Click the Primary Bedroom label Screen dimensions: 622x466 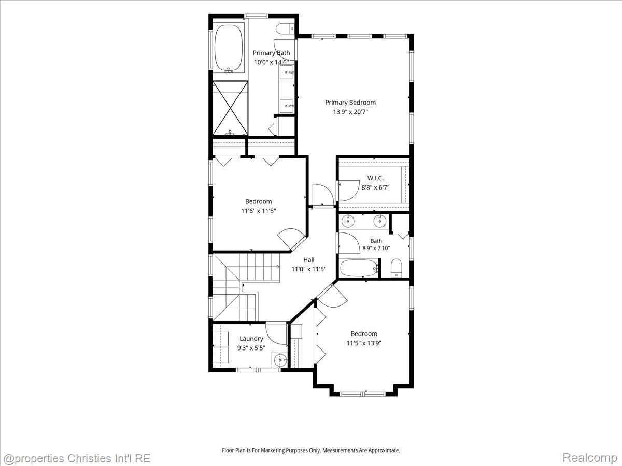tap(350, 103)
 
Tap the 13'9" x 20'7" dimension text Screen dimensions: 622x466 tap(350, 112)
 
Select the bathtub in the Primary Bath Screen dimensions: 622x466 tap(229, 48)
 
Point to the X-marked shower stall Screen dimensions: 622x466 tap(230, 108)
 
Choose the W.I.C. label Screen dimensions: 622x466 tap(375, 178)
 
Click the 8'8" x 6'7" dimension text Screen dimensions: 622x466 tap(375, 187)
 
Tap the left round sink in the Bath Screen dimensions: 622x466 tap(347, 221)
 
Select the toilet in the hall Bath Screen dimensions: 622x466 tap(396, 268)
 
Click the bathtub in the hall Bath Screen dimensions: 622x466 tap(359, 268)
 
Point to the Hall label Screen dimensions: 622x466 tap(308, 259)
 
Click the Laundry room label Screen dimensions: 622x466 tap(251, 339)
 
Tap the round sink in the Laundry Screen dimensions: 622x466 tap(280, 360)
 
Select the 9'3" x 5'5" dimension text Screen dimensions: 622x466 tap(251, 348)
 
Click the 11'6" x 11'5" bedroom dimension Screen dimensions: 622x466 tap(258, 211)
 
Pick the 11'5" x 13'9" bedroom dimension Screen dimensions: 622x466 tap(364, 343)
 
